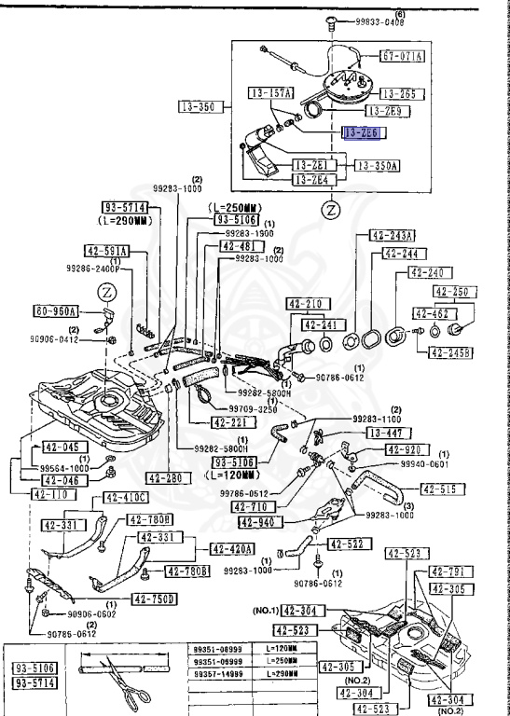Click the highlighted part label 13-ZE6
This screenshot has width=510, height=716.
pyautogui.click(x=363, y=133)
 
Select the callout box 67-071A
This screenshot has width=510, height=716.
pyautogui.click(x=404, y=56)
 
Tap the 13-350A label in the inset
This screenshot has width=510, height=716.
pyautogui.click(x=377, y=166)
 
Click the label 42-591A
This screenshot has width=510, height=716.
pyautogui.click(x=106, y=251)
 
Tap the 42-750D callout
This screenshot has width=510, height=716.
pyautogui.click(x=154, y=599)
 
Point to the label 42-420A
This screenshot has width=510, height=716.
pyautogui.click(x=234, y=549)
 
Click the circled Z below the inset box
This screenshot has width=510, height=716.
pyautogui.click(x=329, y=211)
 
